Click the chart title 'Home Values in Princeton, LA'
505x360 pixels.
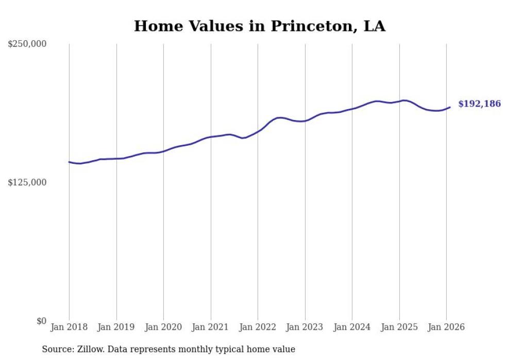(x=259, y=26)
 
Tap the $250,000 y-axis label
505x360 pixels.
(x=27, y=44)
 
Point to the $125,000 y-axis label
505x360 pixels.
(x=27, y=182)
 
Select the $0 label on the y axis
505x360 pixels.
(x=41, y=321)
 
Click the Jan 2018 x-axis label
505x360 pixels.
(x=69, y=327)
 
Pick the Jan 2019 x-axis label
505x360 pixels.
(x=116, y=327)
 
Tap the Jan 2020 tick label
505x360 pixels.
(x=163, y=327)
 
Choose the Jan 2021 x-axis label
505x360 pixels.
(x=211, y=327)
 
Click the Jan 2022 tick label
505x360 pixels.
(x=258, y=327)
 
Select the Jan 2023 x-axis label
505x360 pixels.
(x=305, y=327)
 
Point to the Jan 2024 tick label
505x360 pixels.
(x=352, y=327)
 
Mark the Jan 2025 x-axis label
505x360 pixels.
(x=399, y=327)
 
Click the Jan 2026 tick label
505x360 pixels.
(x=446, y=327)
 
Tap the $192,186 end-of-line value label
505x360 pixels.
(x=479, y=104)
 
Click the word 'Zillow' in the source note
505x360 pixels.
(x=91, y=349)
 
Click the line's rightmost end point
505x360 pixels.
(x=450, y=107)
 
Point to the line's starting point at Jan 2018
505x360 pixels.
(x=69, y=162)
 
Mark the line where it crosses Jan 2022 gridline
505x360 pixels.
(x=258, y=131)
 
